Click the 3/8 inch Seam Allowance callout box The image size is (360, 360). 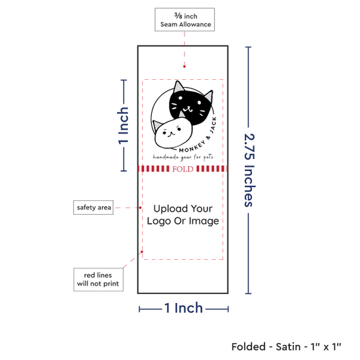pyautogui.click(x=185, y=20)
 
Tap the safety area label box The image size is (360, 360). pyautogui.click(x=93, y=207)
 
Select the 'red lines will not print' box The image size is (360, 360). pyautogui.click(x=98, y=279)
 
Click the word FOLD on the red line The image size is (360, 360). pyautogui.click(x=183, y=169)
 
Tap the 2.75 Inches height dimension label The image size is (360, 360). pyautogui.click(x=249, y=170)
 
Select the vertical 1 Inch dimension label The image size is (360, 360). pyautogui.click(x=123, y=126)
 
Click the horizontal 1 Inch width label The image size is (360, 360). pyautogui.click(x=184, y=308)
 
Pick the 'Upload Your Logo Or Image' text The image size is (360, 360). pyautogui.click(x=183, y=215)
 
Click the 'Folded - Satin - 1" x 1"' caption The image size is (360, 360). pyautogui.click(x=286, y=346)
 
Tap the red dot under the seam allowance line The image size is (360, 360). pyautogui.click(x=185, y=67)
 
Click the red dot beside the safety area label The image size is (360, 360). pyautogui.click(x=140, y=207)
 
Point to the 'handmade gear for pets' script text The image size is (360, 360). pyautogui.click(x=183, y=157)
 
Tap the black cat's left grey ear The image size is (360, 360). pyautogui.click(x=179, y=86)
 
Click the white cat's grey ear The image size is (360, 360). pyautogui.click(x=158, y=126)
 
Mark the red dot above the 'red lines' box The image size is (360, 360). pyautogui.click(x=142, y=252)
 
